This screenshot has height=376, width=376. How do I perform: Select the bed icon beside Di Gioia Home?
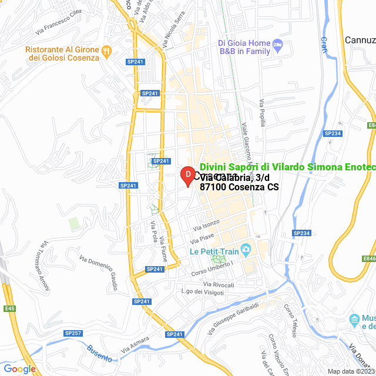(x=278, y=44)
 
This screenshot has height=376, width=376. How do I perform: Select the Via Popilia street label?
(x=263, y=112)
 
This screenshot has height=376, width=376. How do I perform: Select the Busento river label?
(x=100, y=351)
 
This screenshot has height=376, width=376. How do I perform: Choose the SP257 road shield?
(x=73, y=333)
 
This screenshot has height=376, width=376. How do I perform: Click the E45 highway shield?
(x=9, y=309)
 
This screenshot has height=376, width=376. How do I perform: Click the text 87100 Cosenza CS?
(x=239, y=187)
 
